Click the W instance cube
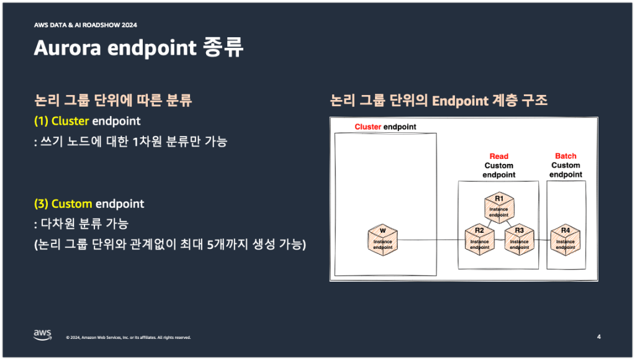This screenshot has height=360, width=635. tap(383, 240)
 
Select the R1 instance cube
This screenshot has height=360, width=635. tap(499, 208)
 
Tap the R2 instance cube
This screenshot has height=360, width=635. tap(479, 240)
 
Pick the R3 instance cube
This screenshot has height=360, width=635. tap(519, 240)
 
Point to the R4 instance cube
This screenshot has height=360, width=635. tap(565, 240)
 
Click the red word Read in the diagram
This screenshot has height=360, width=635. tap(499, 156)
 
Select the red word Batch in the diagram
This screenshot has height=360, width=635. tap(565, 156)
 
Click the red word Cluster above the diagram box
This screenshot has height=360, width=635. tap(367, 127)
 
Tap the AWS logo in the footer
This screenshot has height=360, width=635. tap(43, 335)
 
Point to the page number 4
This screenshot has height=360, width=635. tap(599, 336)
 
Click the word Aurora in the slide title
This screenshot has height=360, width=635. tap(67, 48)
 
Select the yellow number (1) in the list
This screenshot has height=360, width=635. tap(41, 121)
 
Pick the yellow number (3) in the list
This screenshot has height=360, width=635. tap(41, 204)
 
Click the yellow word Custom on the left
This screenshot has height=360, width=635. tap(71, 204)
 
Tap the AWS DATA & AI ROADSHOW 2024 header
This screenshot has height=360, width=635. tap(86, 25)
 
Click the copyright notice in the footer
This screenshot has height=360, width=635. tap(128, 337)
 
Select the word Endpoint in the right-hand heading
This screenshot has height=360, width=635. tap(461, 101)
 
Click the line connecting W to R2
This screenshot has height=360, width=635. tap(431, 240)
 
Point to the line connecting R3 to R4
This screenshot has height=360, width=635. tap(543, 240)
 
